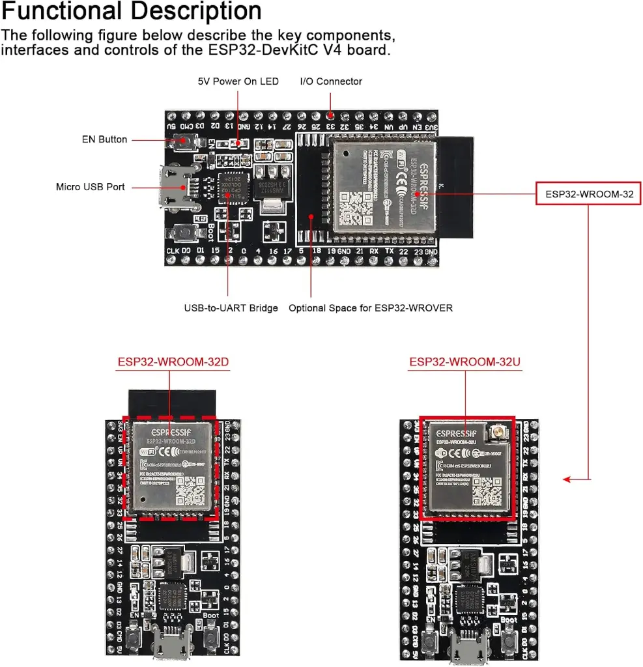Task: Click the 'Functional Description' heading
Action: pos(132,12)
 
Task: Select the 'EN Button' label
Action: pos(104,139)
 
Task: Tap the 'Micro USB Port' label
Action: pos(90,187)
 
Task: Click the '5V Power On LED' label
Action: pos(238,81)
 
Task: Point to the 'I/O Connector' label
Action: pos(330,81)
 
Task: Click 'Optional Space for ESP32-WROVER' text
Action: pos(371,307)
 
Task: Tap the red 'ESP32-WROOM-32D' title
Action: pos(173,362)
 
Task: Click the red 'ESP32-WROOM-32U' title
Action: pos(464,362)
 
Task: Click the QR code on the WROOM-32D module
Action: pos(189,490)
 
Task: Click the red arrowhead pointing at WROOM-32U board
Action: pos(567,480)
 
